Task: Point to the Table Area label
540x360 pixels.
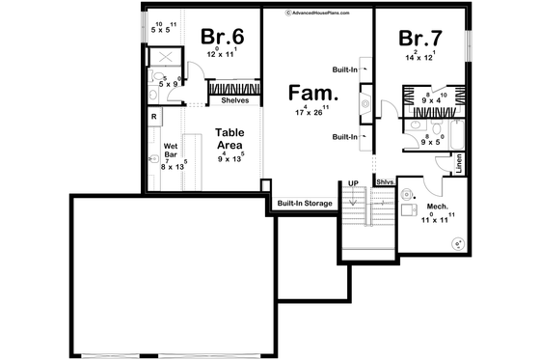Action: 229,138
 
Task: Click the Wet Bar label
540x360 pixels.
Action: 171,150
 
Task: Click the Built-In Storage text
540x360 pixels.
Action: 304,204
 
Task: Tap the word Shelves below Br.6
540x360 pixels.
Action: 235,100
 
